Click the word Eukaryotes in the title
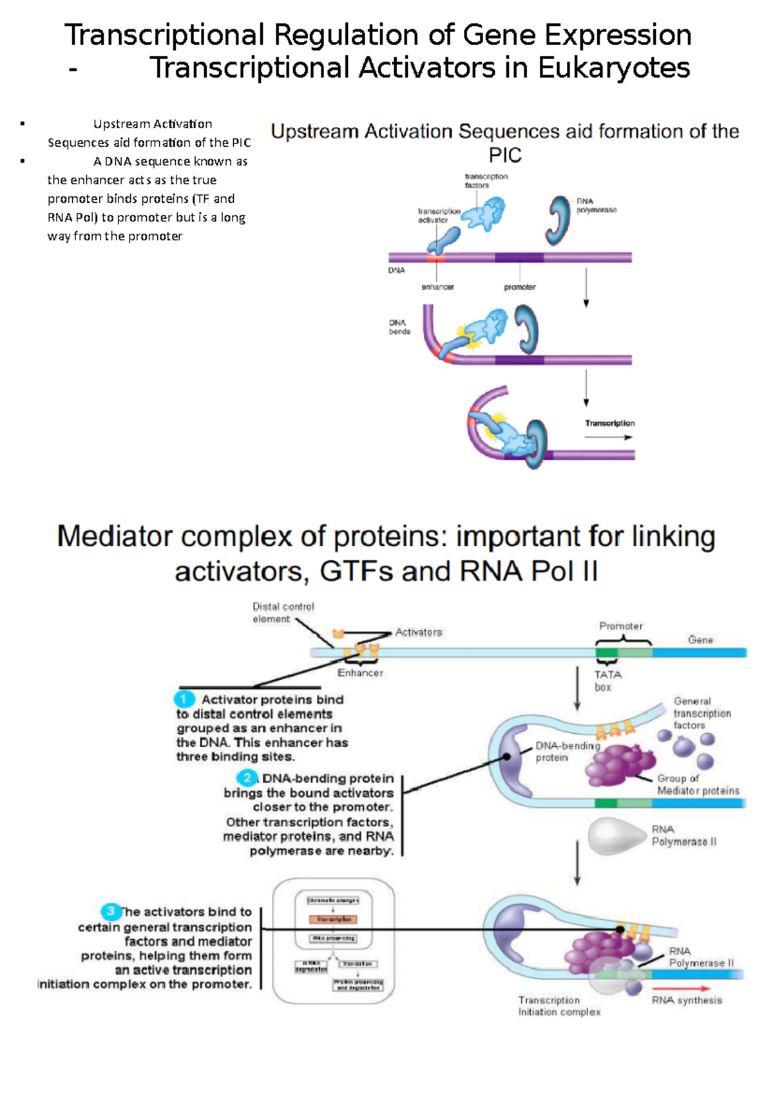613,68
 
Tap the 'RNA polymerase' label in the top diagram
596,205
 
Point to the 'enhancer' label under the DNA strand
437,287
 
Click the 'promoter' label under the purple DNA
520,287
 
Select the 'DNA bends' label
399,327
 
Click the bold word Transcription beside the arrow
609,423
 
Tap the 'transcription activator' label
439,215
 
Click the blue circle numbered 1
184,700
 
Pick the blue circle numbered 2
247,778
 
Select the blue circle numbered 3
111,911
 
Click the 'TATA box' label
607,680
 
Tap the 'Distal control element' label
283,613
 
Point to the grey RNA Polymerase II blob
615,836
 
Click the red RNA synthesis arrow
681,988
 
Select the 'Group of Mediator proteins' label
698,785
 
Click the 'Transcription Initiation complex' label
558,1006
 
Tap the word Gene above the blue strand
700,640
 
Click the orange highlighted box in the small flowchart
333,919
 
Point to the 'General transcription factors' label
701,713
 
